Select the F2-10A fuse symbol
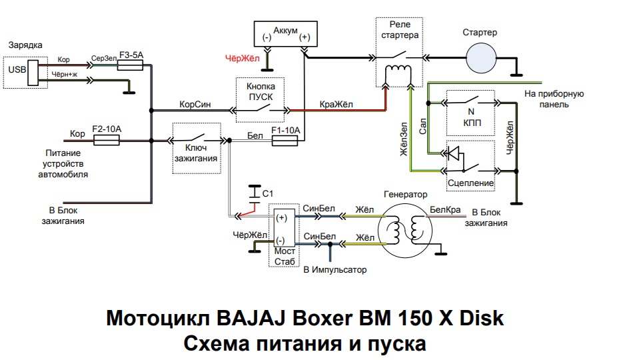click(x=106, y=140)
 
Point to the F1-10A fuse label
click(x=286, y=130)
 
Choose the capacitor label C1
click(x=269, y=193)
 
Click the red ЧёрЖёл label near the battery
click(x=242, y=57)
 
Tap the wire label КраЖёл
click(x=337, y=103)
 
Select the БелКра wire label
click(x=446, y=211)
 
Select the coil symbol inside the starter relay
click(x=399, y=71)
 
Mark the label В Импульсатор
click(x=334, y=270)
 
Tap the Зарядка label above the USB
click(x=25, y=45)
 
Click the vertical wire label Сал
click(x=422, y=130)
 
